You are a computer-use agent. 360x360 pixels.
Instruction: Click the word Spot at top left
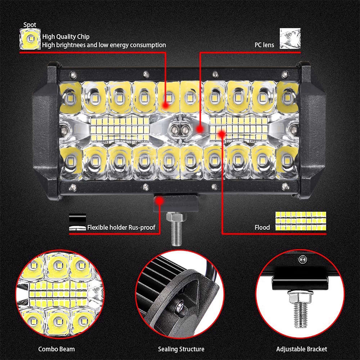30,25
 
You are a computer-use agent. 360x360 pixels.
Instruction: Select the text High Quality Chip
66,36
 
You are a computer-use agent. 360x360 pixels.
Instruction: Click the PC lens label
264,45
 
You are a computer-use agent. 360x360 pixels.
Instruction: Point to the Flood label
262,227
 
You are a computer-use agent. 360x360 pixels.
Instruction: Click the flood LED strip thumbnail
301,221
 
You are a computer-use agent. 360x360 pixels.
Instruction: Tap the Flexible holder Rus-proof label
121,227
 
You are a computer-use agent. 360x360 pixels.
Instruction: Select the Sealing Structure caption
181,349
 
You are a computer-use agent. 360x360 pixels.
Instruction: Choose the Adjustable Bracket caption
302,349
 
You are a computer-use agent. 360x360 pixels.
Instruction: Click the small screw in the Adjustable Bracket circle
301,258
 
